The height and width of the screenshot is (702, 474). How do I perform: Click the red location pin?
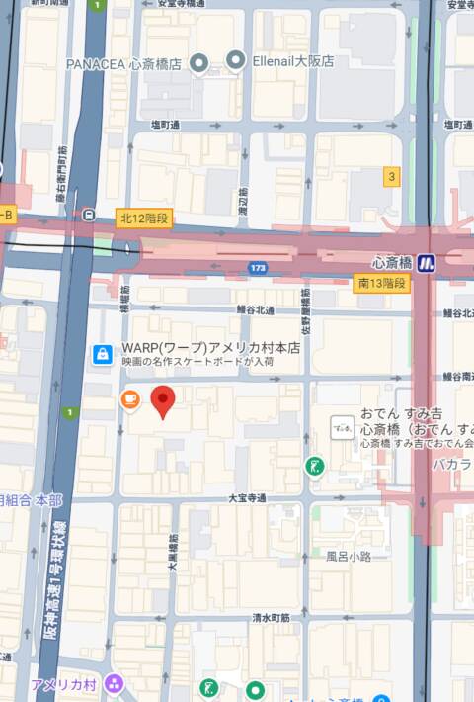click(163, 401)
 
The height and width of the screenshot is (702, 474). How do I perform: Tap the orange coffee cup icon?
click(129, 398)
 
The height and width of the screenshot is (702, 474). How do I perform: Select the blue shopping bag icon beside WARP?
click(102, 354)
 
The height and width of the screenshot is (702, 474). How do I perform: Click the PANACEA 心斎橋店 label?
click(125, 63)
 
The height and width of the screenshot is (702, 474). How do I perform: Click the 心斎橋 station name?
click(391, 263)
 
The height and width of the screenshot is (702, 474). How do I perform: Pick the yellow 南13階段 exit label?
click(381, 283)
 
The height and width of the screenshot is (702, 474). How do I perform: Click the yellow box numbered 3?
click(392, 177)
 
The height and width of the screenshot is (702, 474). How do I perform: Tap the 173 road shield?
click(258, 267)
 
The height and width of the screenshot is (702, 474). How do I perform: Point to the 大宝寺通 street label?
click(246, 498)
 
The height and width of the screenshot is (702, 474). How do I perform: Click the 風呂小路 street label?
click(349, 557)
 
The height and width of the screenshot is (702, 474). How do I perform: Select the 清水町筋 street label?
click(270, 617)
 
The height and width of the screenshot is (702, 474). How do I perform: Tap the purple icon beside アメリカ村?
click(115, 684)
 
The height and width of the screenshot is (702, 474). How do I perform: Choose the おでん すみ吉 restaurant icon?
click(342, 427)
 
